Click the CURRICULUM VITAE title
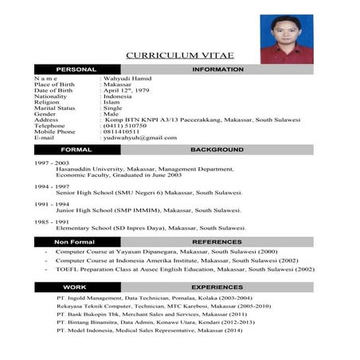pos(178,55)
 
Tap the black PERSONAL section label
pos(76,70)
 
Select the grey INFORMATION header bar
pos(217,70)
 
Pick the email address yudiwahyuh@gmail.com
pos(139,138)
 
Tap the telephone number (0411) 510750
pos(125,125)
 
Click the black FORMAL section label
pos(76,150)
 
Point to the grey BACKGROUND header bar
pos(217,150)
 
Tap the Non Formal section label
pos(75,241)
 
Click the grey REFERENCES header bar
pos(217,241)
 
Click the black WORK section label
pos(75,287)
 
